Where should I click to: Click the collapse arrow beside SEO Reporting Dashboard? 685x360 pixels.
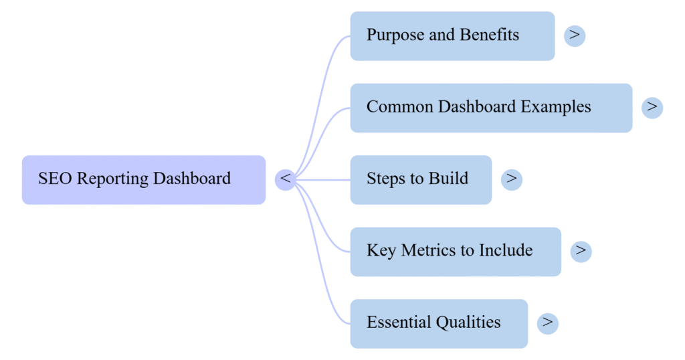286,179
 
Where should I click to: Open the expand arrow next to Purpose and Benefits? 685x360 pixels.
575,35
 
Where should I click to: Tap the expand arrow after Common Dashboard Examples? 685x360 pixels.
652,107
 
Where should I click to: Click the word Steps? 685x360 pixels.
386,179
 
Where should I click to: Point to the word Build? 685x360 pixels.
448,179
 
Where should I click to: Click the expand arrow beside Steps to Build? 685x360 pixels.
512,179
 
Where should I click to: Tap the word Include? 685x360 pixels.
506,251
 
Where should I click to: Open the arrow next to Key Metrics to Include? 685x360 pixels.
581,251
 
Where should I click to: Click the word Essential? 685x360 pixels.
398,323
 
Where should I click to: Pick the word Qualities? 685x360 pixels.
468,323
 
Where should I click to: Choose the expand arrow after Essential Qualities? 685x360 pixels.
548,323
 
